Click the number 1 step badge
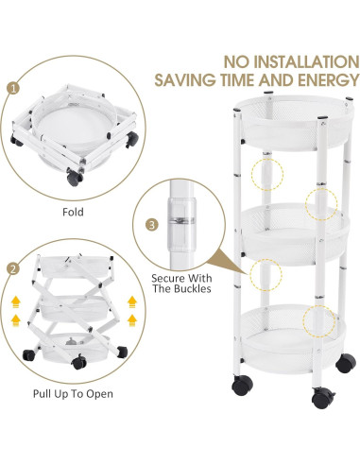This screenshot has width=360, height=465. (13, 88)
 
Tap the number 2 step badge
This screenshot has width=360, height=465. (13, 269)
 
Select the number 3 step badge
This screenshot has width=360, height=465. (152, 225)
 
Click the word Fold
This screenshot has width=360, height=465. (73, 212)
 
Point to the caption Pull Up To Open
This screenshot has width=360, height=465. (73, 394)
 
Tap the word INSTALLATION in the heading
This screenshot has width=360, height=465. (305, 61)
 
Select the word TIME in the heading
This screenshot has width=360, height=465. (238, 80)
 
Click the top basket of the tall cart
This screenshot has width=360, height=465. (296, 122)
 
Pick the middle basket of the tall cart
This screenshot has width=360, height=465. (296, 232)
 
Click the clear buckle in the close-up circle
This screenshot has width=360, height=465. (181, 223)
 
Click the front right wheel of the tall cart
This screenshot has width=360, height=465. (323, 398)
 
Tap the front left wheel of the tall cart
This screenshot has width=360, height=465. (242, 386)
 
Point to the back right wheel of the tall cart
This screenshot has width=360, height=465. (346, 363)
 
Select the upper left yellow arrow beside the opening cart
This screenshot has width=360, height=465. (15, 302)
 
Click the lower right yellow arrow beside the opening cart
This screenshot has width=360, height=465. (132, 320)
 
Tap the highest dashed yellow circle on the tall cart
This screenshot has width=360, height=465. (267, 174)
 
